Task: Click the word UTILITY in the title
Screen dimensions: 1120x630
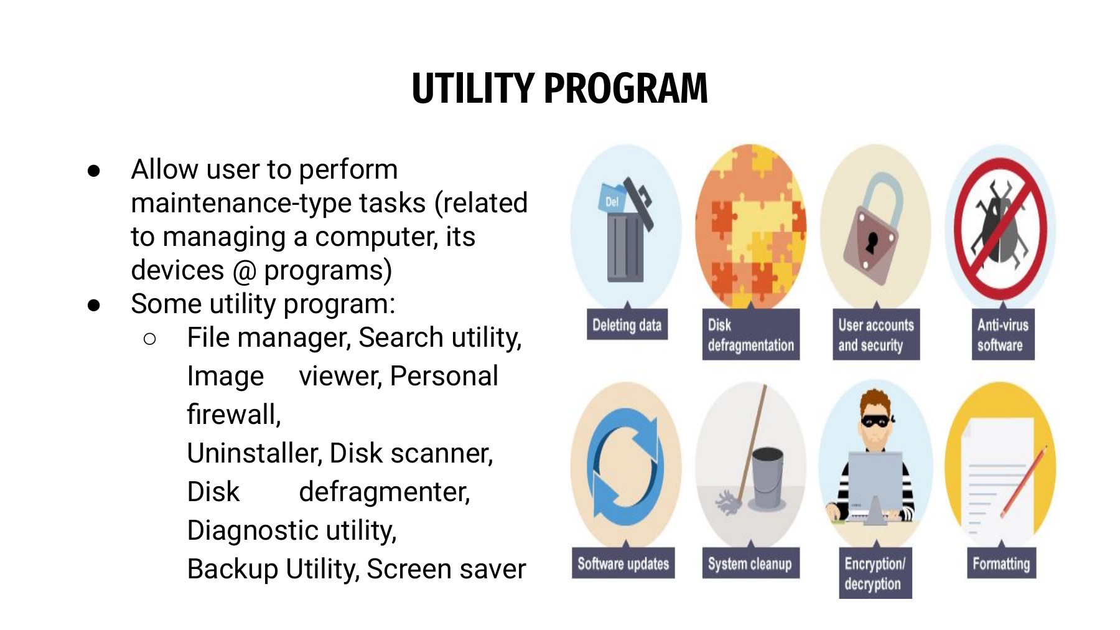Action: pos(473,88)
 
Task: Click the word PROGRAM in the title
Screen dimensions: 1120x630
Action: pos(626,88)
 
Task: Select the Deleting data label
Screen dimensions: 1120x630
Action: pos(627,324)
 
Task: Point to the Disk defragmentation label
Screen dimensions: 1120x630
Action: pos(751,334)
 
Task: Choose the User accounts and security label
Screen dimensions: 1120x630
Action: pos(876,334)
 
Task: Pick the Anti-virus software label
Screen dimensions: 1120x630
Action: pos(1003,334)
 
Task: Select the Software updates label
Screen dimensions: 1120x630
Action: pos(623,563)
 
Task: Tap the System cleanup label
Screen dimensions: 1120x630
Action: pos(750,563)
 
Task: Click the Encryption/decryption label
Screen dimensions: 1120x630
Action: pos(875,573)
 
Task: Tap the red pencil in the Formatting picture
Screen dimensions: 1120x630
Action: pos(1024,482)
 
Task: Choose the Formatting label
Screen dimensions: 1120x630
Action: pos(1001,563)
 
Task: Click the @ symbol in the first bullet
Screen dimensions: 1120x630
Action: pos(244,271)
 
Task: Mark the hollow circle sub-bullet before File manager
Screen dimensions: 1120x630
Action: pos(149,339)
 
